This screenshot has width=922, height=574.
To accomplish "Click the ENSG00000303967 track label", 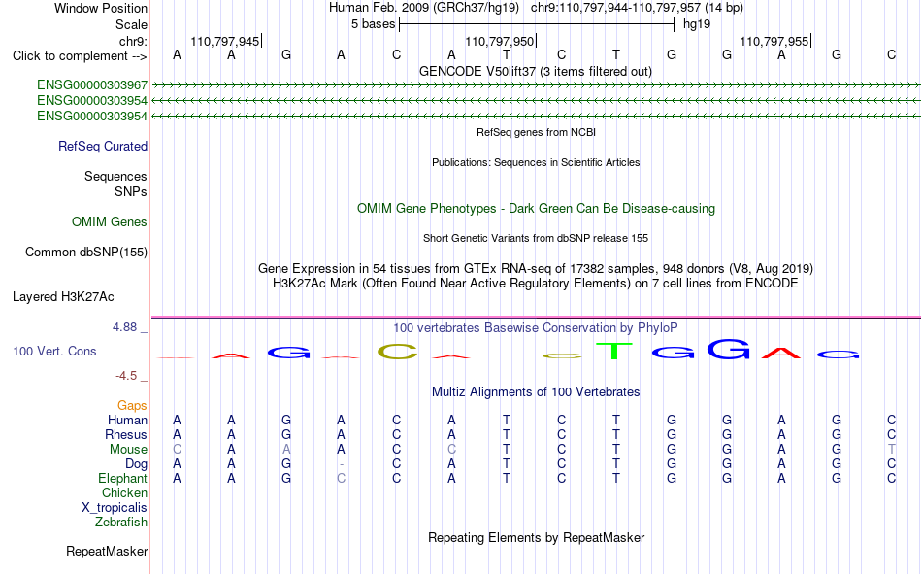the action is point(92,84).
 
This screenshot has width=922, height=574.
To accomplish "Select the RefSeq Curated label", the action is point(103,146).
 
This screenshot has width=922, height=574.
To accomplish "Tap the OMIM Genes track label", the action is point(110,222).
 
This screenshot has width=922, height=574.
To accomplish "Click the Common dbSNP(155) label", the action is point(86,252).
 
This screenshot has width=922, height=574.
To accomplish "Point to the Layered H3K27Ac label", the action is point(63,297).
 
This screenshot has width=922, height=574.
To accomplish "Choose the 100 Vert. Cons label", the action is point(54,351).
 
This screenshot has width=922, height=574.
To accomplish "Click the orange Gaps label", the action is point(132,405).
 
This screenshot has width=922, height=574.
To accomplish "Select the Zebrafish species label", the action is point(121,522).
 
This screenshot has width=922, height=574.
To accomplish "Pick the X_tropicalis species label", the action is point(115,508).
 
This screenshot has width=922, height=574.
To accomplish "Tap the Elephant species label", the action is point(123,478).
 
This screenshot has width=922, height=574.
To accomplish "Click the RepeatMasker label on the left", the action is point(107,551).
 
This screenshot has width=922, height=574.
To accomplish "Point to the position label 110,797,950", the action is point(499,41).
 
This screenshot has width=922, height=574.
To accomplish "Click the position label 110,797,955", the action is point(774,41).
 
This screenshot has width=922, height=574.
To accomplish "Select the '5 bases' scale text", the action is point(374,24).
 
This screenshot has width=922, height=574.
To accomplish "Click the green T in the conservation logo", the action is point(615,351).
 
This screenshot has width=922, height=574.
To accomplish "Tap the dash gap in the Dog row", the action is point(341,464).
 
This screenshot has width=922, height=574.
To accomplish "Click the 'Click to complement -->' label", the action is point(80,56).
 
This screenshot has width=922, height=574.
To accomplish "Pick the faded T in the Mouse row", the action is point(891,449).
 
